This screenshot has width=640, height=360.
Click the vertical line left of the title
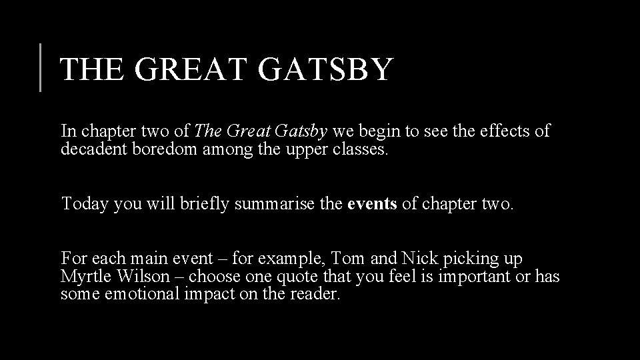41,67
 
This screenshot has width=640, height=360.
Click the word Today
85,203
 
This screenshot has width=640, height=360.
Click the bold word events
372,203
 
